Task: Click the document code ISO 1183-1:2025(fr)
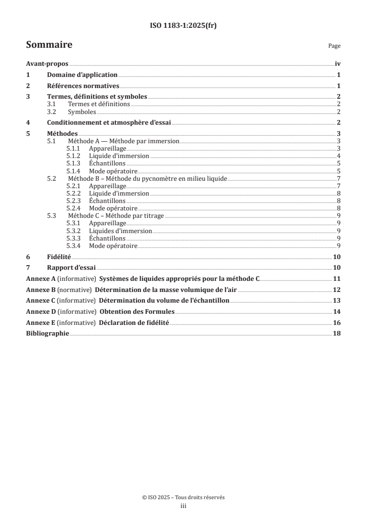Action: tap(183, 26)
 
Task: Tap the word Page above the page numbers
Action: tap(334, 46)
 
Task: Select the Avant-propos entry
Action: tap(47, 64)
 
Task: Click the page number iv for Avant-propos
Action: tap(337, 64)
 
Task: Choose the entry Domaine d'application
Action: tap(82, 75)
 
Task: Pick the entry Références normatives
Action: tap(83, 86)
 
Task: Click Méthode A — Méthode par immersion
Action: tap(124, 141)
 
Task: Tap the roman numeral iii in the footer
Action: tap(183, 507)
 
